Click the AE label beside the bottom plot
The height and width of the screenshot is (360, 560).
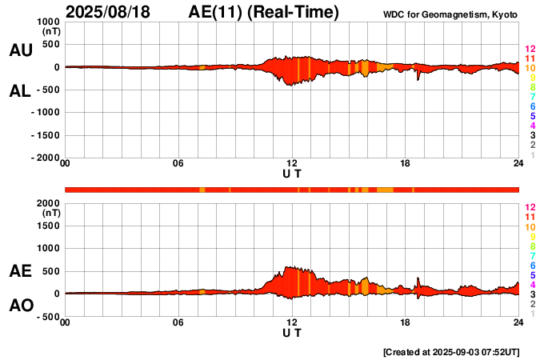(x=20, y=271)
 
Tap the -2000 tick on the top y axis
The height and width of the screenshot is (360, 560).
(x=44, y=158)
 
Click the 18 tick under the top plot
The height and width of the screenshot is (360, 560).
(x=405, y=164)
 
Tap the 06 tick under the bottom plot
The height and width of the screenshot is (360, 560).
(x=178, y=322)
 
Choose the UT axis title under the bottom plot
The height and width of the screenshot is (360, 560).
(x=292, y=332)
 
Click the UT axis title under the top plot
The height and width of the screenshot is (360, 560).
(x=292, y=174)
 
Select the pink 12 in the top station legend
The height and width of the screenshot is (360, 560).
(x=529, y=49)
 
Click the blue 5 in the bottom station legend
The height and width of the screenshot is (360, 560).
(x=532, y=274)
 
